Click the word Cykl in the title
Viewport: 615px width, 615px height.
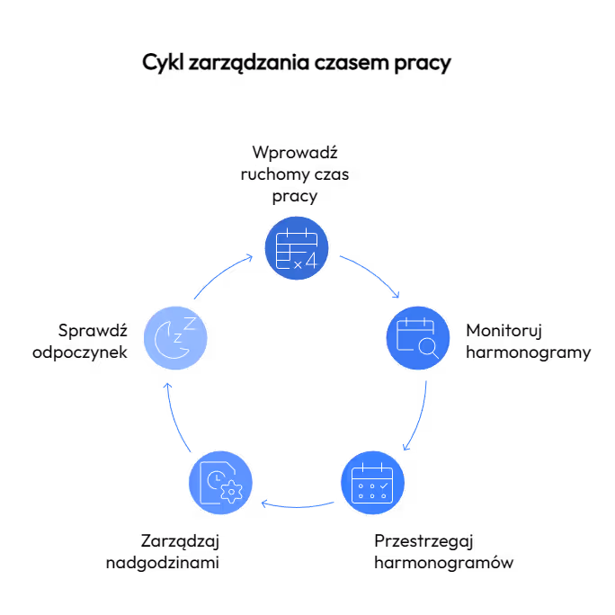163,62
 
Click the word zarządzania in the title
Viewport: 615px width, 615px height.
249,63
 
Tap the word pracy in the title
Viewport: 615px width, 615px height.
423,64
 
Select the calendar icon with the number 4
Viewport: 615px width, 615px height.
297,248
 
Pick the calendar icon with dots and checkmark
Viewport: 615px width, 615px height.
372,483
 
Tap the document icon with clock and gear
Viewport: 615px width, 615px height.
220,483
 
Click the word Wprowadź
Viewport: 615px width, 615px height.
295,153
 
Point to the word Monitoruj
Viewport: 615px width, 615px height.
504,332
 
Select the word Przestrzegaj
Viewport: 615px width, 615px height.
423,542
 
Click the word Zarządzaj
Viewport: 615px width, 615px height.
180,542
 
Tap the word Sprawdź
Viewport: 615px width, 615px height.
93,331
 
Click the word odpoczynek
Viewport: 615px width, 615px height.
80,352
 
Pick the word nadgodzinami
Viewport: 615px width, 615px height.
163,563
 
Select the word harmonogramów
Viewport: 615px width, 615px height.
444,563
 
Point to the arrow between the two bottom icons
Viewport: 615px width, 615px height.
298,506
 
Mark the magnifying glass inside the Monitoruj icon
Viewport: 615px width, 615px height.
428,348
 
